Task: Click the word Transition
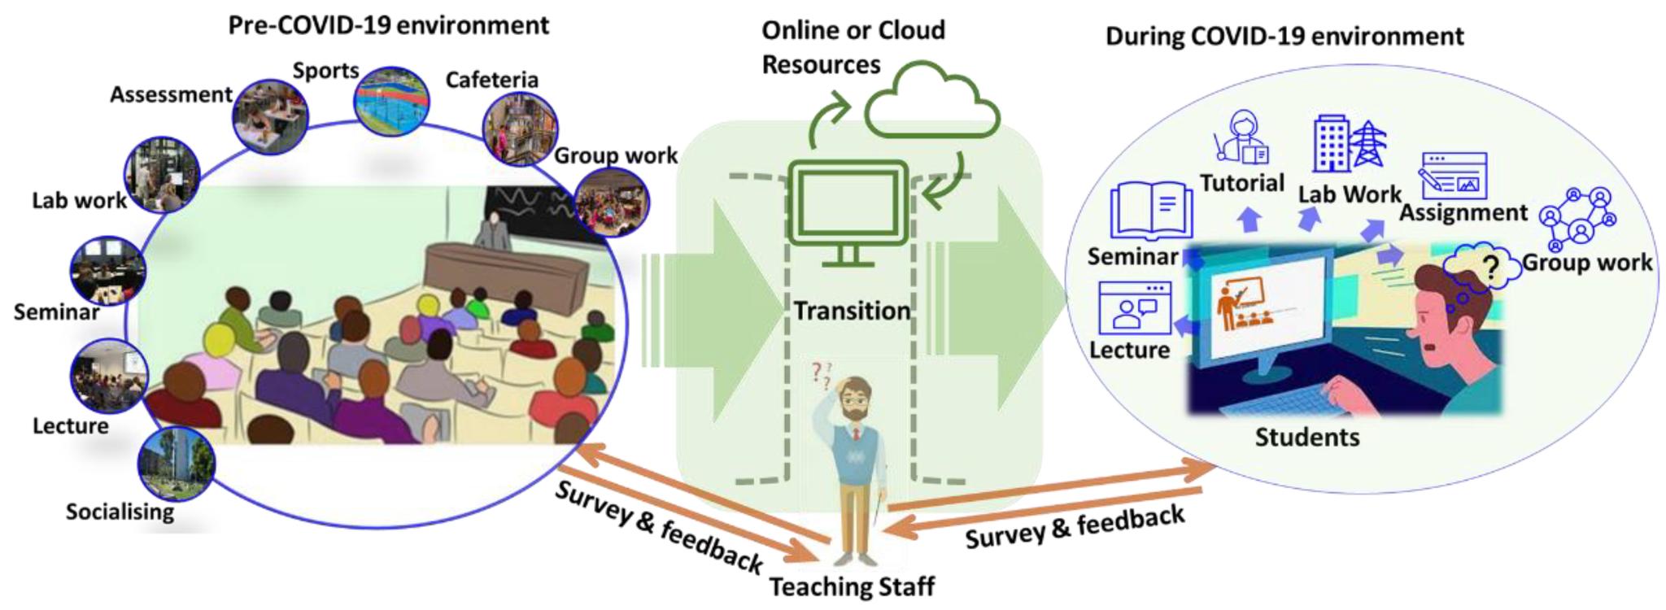[852, 311]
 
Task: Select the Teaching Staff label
[852, 586]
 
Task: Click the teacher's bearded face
[853, 404]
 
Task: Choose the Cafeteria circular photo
[520, 129]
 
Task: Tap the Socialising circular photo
[177, 464]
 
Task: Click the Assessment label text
[171, 95]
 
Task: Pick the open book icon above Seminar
[1151, 210]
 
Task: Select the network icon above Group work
[1577, 218]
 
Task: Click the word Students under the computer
[1306, 438]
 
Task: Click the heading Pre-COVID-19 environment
[388, 25]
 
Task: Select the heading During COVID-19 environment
[1284, 37]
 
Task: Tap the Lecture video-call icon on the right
[1134, 307]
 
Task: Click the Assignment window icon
[1453, 176]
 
